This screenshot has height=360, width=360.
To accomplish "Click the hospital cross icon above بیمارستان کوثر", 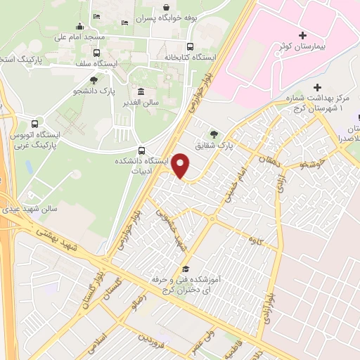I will tap(302, 35).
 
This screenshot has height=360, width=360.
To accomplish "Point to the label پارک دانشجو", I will tap(94, 91).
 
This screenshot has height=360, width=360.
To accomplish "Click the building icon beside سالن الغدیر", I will tap(141, 91).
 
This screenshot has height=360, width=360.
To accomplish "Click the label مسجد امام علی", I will tap(79, 36).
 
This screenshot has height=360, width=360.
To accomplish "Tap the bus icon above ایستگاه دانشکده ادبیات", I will tap(142, 150).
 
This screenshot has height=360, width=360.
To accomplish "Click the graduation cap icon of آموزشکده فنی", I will tap(186, 269).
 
